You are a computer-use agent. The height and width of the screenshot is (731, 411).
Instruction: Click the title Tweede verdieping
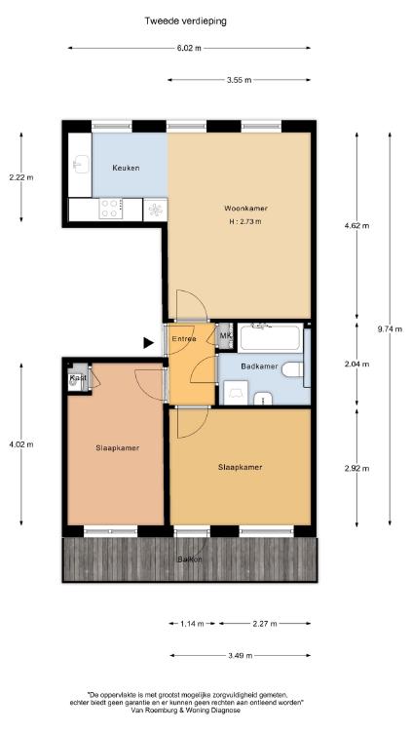pos(185,21)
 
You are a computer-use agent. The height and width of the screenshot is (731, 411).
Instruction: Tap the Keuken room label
pos(126,168)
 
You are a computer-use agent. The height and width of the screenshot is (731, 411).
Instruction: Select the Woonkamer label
pos(246,209)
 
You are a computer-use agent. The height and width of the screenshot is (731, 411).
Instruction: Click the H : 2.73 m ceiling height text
pos(245,222)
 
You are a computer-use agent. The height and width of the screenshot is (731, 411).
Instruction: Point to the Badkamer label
pos(260,366)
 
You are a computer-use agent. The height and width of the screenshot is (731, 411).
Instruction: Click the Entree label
pos(184,339)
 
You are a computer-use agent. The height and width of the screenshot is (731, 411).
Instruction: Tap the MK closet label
pos(226,335)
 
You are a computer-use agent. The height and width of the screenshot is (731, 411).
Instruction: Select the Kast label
pos(78,377)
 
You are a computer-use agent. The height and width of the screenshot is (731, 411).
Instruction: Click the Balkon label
pos(190,559)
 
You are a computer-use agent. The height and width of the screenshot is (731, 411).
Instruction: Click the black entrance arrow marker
pos(148,343)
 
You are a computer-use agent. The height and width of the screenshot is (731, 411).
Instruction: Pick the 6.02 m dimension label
pos(189,48)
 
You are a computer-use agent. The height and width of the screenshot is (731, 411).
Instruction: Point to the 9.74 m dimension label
pos(390,328)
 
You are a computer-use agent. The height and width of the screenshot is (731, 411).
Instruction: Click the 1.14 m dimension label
pos(192,624)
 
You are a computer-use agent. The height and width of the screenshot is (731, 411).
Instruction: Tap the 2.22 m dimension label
pos(21,177)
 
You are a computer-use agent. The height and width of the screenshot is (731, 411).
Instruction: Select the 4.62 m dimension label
pos(356,226)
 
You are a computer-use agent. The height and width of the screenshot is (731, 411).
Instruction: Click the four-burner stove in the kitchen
pos(111,209)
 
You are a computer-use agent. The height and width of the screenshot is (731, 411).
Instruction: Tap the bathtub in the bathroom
pos(270,338)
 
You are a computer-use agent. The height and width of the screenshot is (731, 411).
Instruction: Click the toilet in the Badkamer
pos(292,370)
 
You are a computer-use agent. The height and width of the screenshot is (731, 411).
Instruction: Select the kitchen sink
pos(81,164)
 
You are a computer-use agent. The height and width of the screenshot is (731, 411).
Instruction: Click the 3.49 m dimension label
pos(241,656)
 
